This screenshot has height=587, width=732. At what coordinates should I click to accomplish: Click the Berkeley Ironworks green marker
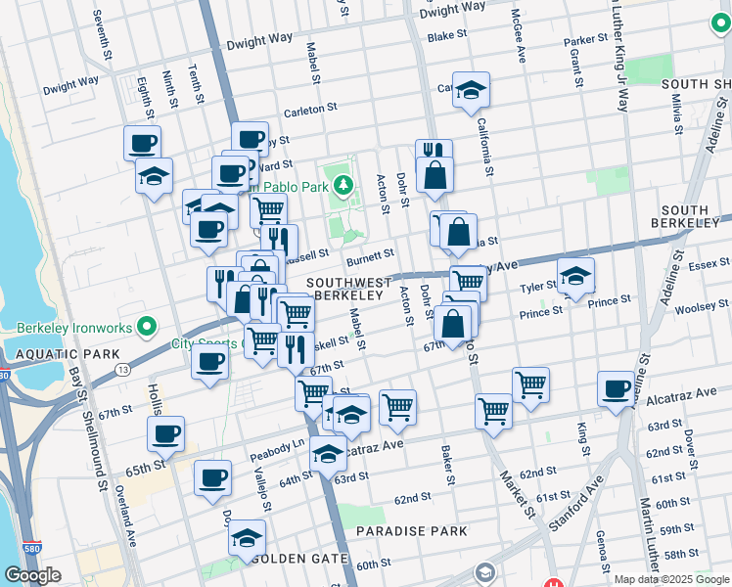pyautogui.click(x=147, y=326)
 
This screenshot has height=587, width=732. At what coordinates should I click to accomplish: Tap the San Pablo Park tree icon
pyautogui.click(x=343, y=184)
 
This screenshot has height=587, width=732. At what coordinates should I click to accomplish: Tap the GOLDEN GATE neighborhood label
pyautogui.click(x=299, y=559)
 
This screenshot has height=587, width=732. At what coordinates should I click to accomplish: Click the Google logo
pyautogui.click(x=32, y=575)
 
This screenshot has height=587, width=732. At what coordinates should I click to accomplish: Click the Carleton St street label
pyautogui.click(x=310, y=110)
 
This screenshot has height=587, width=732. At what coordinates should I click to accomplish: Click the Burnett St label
pyautogui.click(x=370, y=259)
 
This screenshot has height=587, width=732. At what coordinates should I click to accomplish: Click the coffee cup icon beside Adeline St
pyautogui.click(x=616, y=388)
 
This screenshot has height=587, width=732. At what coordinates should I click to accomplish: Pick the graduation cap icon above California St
pyautogui.click(x=471, y=89)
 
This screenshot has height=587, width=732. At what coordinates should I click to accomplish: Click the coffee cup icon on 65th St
pyautogui.click(x=165, y=433)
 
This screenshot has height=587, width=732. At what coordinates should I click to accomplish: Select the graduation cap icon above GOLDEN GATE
pyautogui.click(x=247, y=537)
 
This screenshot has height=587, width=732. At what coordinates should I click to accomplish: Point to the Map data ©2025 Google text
pyautogui.click(x=671, y=579)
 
